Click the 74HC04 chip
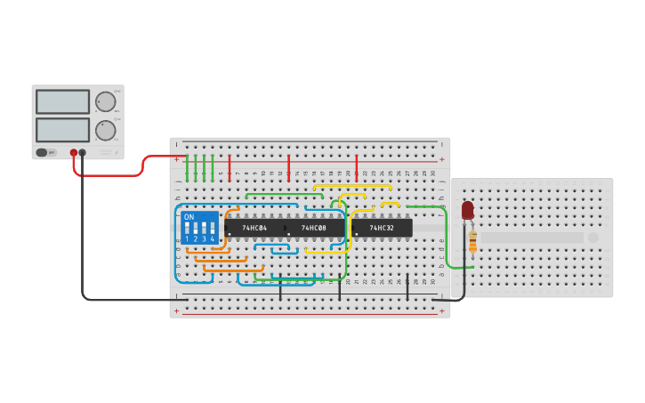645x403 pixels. pyautogui.click(x=254, y=229)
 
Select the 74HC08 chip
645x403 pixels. pyautogui.click(x=314, y=229)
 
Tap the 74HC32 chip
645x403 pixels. pyautogui.click(x=382, y=229)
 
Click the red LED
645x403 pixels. pyautogui.click(x=468, y=210)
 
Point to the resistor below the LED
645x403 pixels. pyautogui.click(x=472, y=241)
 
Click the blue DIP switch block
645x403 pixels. pyautogui.click(x=199, y=229)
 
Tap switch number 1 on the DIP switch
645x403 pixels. pyautogui.click(x=188, y=230)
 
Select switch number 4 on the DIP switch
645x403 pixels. pyautogui.click(x=212, y=230)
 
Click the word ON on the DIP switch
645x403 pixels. pyautogui.click(x=189, y=217)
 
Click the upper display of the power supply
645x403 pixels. pyautogui.click(x=62, y=101)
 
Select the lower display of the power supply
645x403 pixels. pyautogui.click(x=62, y=130)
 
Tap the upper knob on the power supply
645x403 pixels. pyautogui.click(x=105, y=101)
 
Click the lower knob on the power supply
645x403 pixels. pyautogui.click(x=105, y=131)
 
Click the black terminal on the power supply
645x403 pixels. pyautogui.click(x=83, y=152)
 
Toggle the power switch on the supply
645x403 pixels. pyautogui.click(x=42, y=152)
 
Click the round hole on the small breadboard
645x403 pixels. pyautogui.click(x=593, y=238)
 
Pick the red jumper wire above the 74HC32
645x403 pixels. pyautogui.click(x=357, y=167)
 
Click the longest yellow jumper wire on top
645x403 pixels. pyautogui.click(x=352, y=186)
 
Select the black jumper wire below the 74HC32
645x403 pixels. pyautogui.click(x=407, y=286)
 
